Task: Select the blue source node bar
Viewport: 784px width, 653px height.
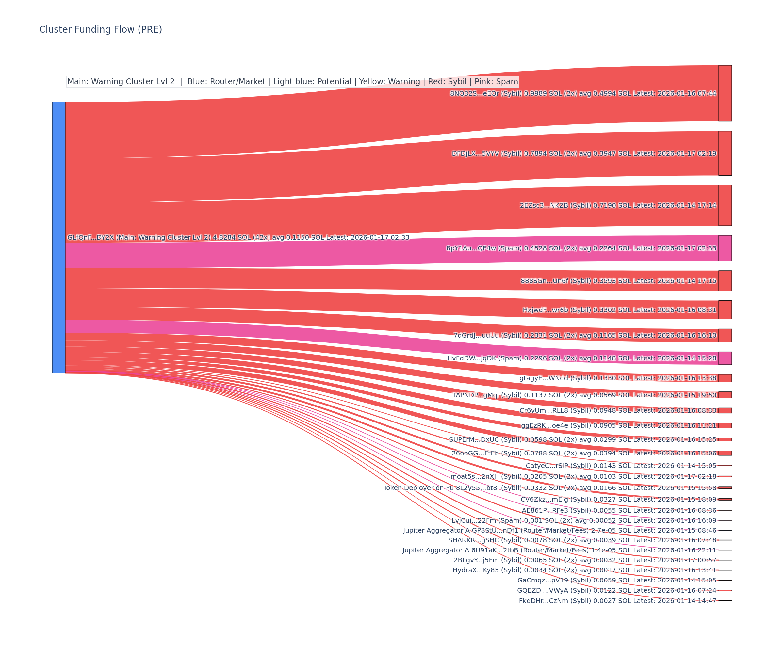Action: (58, 237)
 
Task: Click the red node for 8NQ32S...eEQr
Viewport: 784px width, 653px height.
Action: (725, 93)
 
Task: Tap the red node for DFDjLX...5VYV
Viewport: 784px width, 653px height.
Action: (725, 153)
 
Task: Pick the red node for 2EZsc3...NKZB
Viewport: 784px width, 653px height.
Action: (725, 205)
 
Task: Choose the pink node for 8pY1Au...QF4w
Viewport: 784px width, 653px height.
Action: (725, 248)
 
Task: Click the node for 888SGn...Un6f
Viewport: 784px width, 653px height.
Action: (725, 280)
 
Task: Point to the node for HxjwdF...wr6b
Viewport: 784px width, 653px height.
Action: (725, 310)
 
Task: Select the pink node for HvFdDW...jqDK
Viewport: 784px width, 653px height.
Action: (725, 358)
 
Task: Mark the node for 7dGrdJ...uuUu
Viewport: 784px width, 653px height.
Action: (725, 335)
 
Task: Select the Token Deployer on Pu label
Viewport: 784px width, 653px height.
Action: (418, 488)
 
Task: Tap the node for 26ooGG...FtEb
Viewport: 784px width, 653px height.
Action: (725, 453)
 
